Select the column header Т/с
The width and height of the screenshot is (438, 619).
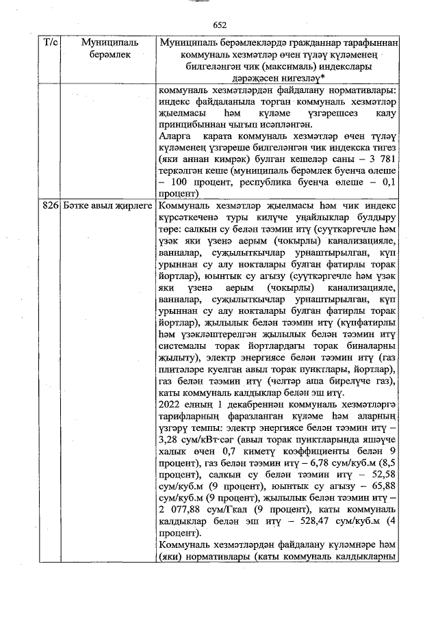[x=50, y=43]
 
